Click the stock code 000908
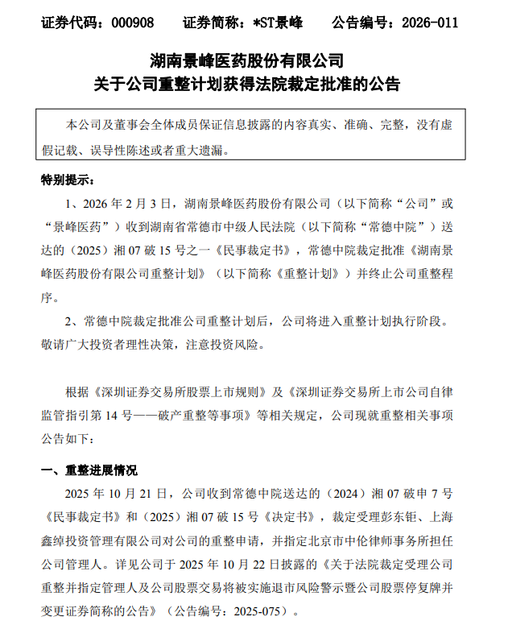pyautogui.click(x=130, y=23)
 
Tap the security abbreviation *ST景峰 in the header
pyautogui.click(x=276, y=23)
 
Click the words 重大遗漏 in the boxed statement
pyautogui.click(x=200, y=149)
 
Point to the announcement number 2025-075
pyautogui.click(x=259, y=611)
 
